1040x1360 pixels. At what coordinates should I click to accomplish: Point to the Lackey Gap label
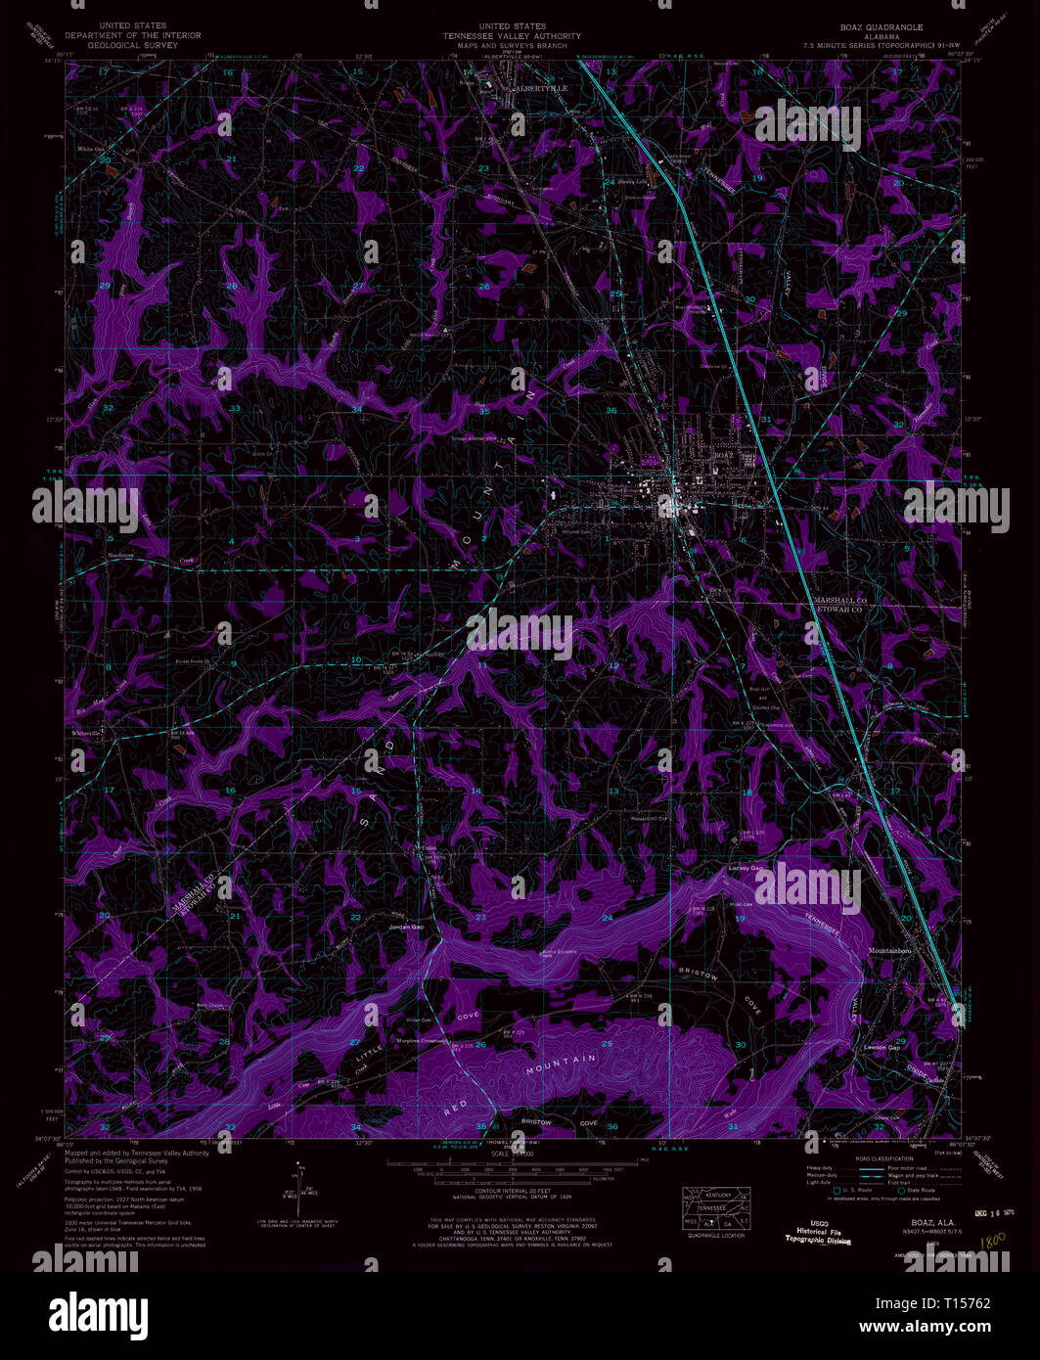(x=745, y=868)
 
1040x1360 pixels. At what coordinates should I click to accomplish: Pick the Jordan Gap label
(x=406, y=926)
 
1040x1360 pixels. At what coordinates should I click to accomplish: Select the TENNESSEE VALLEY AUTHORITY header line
(x=511, y=36)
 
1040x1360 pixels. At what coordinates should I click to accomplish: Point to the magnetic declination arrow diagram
(x=299, y=1188)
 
